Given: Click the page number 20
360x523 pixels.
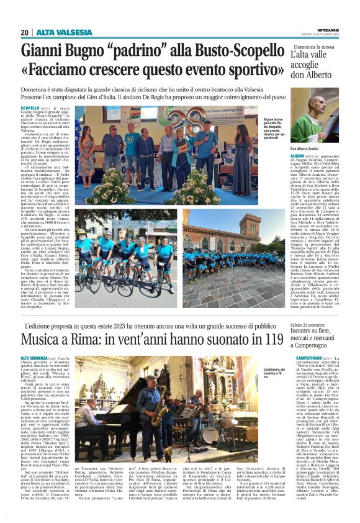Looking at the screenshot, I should click(24, 32).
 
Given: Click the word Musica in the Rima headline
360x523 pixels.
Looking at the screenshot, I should click(42, 340).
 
